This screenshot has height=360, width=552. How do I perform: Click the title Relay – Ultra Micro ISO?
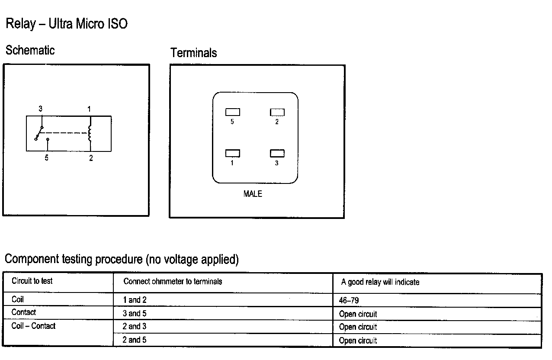pos(66,23)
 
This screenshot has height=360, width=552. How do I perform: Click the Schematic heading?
pos(30,50)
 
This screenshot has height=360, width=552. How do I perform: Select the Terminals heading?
pos(193,53)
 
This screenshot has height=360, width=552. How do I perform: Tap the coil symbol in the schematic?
pos(90,133)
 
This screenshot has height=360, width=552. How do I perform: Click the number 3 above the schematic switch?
pos(41,109)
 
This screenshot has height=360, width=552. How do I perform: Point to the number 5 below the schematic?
pos(46,158)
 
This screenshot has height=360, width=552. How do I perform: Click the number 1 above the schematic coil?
pos(89,109)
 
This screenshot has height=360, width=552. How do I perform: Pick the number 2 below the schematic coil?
pos(91,158)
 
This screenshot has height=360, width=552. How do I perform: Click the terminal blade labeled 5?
pos(232,112)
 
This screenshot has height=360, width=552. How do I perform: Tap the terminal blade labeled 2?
pos(277,112)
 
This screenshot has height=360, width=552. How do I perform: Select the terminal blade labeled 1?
pos(232,154)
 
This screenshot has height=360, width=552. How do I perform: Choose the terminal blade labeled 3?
pos(277,154)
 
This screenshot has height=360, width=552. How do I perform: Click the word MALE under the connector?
pos(253,194)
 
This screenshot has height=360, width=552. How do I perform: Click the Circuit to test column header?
pos(32,281)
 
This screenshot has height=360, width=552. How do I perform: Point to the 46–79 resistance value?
pos(349,300)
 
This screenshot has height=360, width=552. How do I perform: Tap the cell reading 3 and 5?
pos(135,313)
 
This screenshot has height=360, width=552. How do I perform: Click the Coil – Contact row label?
pos(33,326)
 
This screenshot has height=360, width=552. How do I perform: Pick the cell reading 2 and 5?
pos(135,340)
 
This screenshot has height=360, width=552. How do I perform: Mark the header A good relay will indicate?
pos(380,282)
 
